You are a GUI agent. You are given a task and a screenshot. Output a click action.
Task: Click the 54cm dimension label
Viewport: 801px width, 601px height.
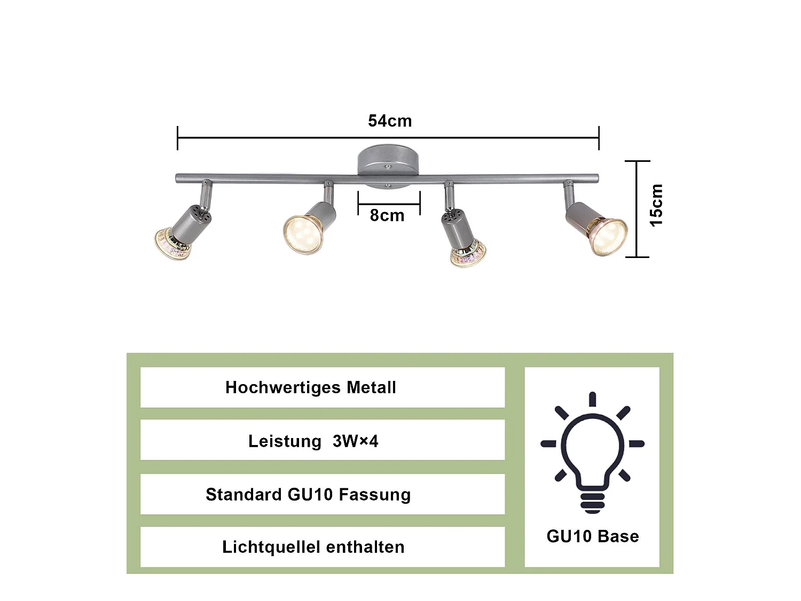[x=390, y=121]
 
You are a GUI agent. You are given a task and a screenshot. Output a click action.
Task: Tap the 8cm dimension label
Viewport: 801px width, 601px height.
[x=387, y=216]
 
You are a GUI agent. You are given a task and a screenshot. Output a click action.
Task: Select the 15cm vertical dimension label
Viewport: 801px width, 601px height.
[x=656, y=206]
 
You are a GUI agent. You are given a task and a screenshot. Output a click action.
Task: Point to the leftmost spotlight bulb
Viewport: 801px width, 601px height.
[x=172, y=243]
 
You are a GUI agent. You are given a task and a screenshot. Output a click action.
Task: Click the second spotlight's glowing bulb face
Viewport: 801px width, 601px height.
[x=303, y=235]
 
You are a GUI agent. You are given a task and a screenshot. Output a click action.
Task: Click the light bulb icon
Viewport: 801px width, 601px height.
[x=592, y=452]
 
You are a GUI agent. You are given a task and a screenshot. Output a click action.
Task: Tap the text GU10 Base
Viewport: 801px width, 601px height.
[x=593, y=536]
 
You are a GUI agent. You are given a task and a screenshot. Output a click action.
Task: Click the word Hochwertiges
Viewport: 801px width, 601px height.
[x=283, y=388]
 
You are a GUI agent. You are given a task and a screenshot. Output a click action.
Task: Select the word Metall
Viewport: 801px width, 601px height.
[x=371, y=387]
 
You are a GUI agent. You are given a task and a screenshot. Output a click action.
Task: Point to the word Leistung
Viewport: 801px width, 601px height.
[x=285, y=442]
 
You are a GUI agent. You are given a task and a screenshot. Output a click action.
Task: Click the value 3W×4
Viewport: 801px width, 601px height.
[x=356, y=441]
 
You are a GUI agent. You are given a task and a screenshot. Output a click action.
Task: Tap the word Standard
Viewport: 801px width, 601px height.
[x=244, y=495]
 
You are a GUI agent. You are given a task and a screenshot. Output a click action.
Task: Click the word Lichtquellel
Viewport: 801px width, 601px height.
[x=271, y=548]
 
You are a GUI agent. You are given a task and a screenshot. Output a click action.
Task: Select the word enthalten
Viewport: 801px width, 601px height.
[x=365, y=548]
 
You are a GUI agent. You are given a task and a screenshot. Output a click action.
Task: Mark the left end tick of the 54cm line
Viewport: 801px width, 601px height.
[x=177, y=138]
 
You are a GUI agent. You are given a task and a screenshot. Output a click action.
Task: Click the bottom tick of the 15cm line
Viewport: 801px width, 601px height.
[x=637, y=257]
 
